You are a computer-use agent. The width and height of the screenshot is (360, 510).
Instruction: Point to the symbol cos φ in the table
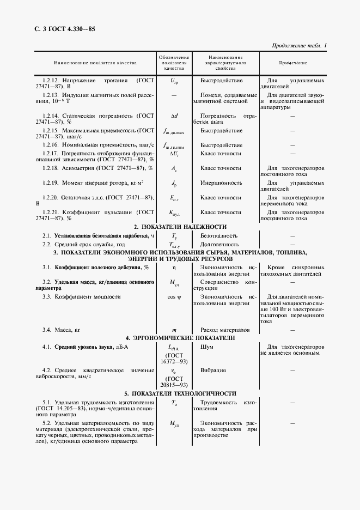coord(174,296)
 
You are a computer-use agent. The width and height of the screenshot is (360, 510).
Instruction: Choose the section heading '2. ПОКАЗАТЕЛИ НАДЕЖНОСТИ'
coord(180,226)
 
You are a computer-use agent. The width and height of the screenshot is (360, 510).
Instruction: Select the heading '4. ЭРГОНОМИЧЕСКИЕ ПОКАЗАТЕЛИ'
coord(180,338)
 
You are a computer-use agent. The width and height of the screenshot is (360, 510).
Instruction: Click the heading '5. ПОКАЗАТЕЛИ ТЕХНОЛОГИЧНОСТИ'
coord(180,393)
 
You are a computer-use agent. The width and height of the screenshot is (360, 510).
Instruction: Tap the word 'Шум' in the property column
coord(207,347)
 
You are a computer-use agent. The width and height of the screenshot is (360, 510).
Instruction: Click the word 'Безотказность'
coord(219,235)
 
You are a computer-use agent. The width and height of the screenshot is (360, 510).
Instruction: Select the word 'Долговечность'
coord(219,244)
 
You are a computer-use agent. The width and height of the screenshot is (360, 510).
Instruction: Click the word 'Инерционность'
coord(221,183)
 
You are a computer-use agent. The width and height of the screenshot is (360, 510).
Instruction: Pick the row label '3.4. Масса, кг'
coord(62,330)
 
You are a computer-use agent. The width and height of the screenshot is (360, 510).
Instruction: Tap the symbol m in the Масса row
coord(174,330)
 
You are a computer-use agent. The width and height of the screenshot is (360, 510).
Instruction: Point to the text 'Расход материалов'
coord(225,330)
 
